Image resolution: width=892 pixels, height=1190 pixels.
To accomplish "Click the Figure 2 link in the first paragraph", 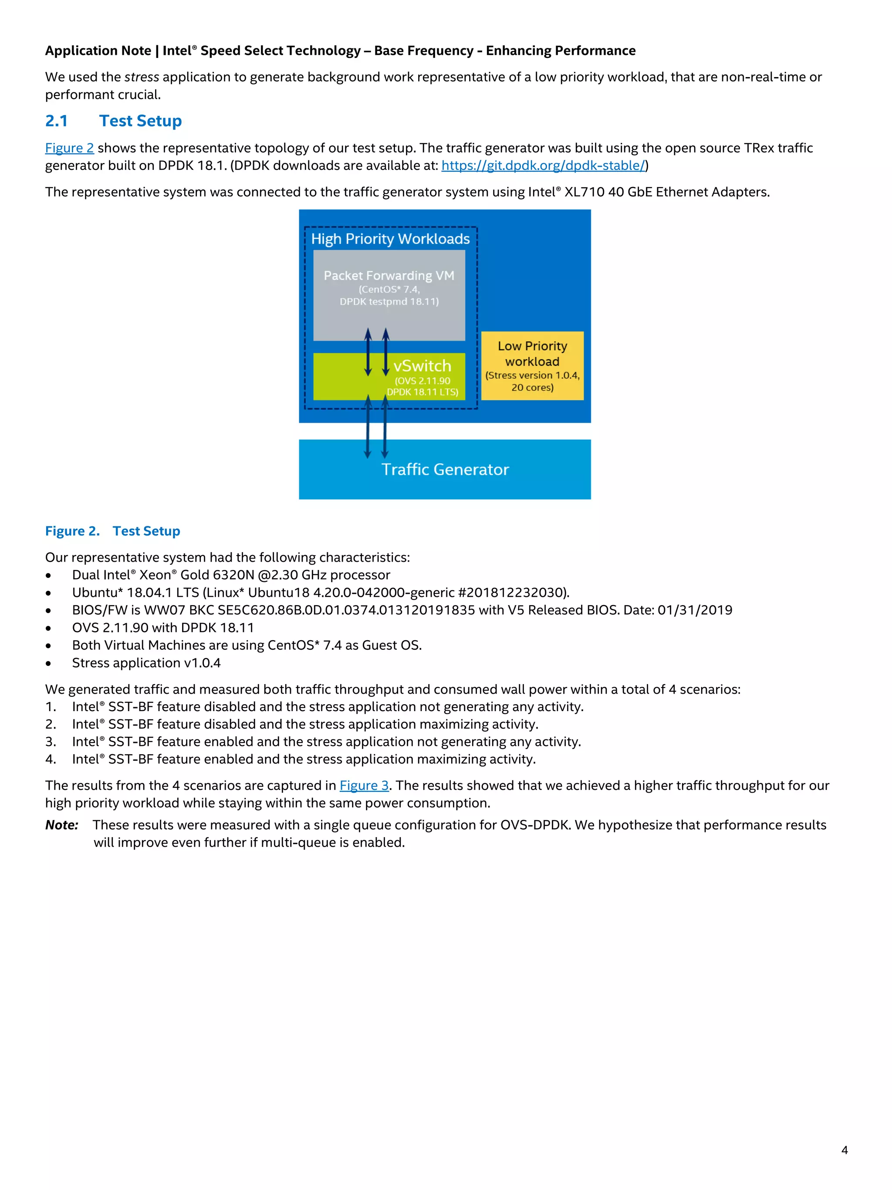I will [69, 148].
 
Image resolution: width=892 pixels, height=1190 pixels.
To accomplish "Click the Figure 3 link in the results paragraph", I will [364, 786].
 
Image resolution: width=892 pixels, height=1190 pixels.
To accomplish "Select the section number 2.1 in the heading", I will [57, 121].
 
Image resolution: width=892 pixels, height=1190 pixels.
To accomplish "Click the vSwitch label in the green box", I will [422, 366].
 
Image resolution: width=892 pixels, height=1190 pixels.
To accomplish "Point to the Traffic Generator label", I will [445, 470].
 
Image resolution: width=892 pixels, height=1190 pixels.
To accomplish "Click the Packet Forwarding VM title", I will [389, 275].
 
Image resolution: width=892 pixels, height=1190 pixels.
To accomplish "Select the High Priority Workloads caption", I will [390, 239].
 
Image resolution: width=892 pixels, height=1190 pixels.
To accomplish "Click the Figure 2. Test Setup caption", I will [112, 531].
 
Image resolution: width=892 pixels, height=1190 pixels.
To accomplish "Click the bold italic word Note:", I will [61, 825].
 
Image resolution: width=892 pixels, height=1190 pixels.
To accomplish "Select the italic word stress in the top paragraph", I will [142, 77].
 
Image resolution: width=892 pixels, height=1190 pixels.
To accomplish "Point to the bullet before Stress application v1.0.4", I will [48, 663].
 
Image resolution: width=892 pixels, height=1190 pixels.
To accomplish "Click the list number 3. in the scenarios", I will [51, 742].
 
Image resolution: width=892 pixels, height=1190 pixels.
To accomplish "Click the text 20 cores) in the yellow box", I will [532, 387].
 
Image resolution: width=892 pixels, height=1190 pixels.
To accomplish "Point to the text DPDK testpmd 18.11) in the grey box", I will [389, 302].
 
